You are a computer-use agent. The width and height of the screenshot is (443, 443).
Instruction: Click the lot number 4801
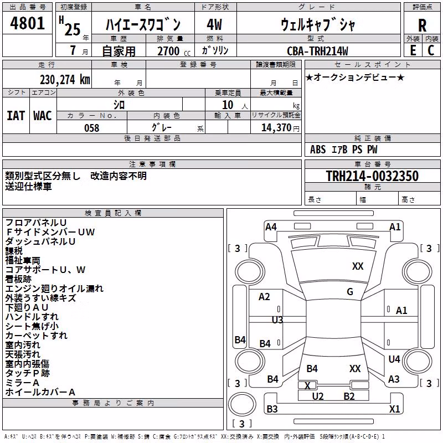click(27, 23)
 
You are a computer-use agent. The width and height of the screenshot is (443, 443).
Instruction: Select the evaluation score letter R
click(422, 25)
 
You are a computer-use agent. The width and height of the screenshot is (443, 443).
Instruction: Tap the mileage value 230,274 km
click(65, 80)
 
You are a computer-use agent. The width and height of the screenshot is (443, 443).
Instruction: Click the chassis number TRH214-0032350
click(372, 176)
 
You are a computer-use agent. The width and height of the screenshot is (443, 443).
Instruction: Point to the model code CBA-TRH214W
click(317, 51)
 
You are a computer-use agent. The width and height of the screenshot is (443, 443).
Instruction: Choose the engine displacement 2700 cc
click(174, 51)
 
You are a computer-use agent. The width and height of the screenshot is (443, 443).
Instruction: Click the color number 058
click(91, 128)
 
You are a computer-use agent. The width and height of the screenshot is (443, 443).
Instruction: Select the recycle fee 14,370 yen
click(280, 128)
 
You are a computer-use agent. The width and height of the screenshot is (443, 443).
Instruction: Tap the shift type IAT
click(16, 116)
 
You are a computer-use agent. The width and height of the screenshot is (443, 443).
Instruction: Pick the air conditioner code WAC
click(43, 116)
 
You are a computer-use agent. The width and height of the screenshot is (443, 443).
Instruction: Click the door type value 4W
click(214, 24)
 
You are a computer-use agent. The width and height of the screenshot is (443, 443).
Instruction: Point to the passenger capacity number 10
click(228, 105)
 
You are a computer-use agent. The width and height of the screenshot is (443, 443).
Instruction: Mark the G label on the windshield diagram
click(350, 292)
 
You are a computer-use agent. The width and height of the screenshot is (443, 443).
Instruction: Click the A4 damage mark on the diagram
click(271, 227)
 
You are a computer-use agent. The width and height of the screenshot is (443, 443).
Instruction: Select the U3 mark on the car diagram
click(277, 320)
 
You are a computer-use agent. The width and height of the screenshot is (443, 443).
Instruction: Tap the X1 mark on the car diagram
click(394, 409)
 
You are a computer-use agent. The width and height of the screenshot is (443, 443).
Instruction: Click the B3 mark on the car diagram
click(272, 409)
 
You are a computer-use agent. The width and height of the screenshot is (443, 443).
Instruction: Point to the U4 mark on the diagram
click(394, 359)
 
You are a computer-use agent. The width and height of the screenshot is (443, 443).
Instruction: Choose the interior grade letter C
click(431, 50)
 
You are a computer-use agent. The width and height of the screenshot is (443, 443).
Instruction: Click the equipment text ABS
click(318, 150)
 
